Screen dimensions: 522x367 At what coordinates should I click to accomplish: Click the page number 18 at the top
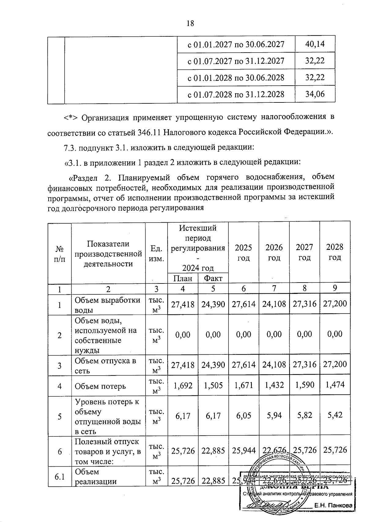tap(190, 24)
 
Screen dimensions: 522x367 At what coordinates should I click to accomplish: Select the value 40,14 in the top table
tap(315, 45)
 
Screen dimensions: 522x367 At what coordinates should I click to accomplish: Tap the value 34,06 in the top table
tap(315, 94)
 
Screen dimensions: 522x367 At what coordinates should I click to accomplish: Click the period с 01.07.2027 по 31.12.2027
tap(236, 61)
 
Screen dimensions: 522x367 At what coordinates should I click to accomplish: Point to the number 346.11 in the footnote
tap(148, 133)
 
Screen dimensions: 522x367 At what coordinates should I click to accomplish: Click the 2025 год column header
tap(244, 252)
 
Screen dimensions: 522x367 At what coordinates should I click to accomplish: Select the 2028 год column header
tap(335, 252)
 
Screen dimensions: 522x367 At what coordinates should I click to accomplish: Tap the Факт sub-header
tap(213, 278)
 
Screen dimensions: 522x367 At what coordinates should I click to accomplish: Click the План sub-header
tap(183, 278)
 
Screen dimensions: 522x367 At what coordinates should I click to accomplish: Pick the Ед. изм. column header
tap(156, 252)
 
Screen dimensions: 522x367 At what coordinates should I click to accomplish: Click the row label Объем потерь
tap(100, 386)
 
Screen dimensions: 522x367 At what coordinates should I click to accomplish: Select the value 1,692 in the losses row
tap(183, 385)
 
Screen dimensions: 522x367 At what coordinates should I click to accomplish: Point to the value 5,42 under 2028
tap(335, 415)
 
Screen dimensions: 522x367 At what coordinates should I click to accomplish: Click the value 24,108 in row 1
tap(274, 304)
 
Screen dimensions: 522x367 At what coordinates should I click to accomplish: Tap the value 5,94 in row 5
tap(274, 416)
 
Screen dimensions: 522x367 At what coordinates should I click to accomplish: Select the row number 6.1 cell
tap(59, 476)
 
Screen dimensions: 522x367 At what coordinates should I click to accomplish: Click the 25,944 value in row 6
tap(244, 450)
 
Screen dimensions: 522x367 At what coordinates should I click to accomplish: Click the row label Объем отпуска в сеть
tap(106, 365)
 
